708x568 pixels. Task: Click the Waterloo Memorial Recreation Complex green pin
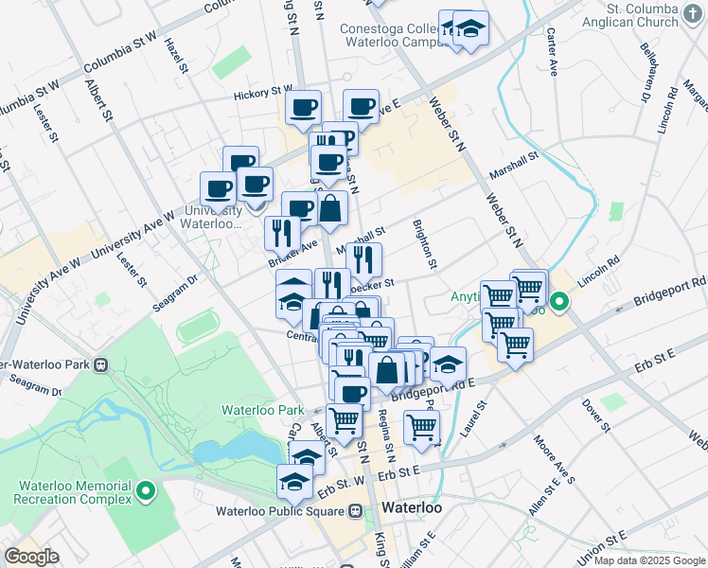pyautogui.click(x=146, y=491)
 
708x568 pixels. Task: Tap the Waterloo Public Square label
pyautogui.click(x=283, y=511)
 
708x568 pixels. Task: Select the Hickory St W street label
pyautogui.click(x=264, y=94)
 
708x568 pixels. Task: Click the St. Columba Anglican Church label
pyautogui.click(x=653, y=16)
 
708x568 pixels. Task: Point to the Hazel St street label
pyautogui.click(x=175, y=55)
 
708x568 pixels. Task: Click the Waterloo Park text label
pyautogui.click(x=262, y=410)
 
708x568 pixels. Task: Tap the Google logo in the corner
pyautogui.click(x=31, y=557)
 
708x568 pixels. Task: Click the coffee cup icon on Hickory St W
pyautogui.click(x=304, y=109)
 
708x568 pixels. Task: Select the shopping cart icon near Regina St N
pyautogui.click(x=421, y=427)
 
